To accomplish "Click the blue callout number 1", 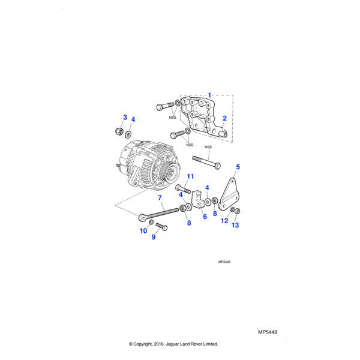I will pos(210,95).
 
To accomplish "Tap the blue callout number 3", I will pos(125,117).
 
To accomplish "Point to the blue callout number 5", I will pos(238,167).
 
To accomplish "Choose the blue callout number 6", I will pos(205,217).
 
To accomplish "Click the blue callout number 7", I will pos(160,198).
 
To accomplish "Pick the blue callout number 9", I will pos(153,237).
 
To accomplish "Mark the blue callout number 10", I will pos(143,231).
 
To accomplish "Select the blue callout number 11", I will pos(190,176).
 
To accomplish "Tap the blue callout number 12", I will pos(224,221).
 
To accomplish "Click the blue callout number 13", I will pos(235,226).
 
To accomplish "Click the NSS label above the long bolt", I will pos(208,147).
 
